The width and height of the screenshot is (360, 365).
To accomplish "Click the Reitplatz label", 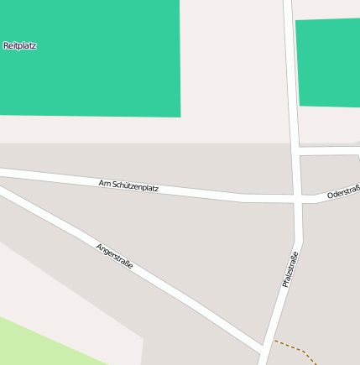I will coord(20,45).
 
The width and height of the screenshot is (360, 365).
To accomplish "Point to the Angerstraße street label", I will coord(115,260).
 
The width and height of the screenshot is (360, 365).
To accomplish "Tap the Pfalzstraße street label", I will coord(291,266).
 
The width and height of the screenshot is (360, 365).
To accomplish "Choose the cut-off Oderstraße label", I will coord(343,193).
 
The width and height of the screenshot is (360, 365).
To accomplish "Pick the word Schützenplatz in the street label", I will coord(135,186).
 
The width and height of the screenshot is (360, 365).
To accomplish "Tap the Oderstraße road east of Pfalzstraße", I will coord(331,196).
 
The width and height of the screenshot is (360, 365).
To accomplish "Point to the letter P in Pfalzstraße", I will coord(285,285).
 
